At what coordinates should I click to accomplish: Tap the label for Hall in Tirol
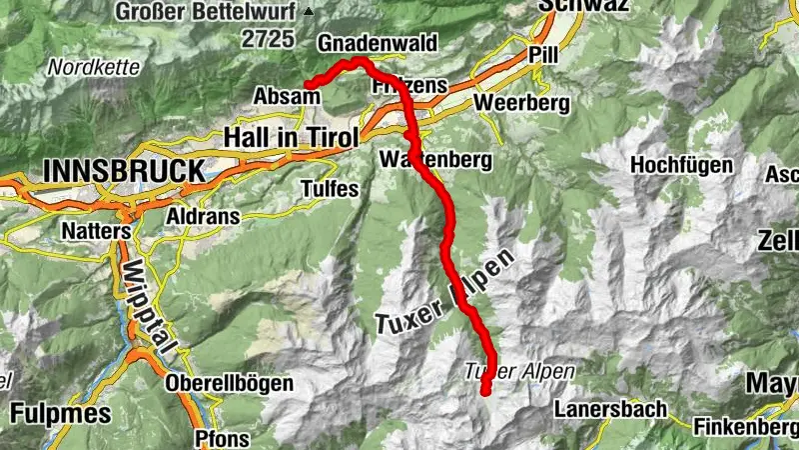(289, 136)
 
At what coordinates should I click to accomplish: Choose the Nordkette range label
(84, 68)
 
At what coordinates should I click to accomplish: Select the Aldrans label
(196, 217)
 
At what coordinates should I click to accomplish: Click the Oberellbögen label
(230, 383)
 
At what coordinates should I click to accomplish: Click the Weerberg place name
(522, 103)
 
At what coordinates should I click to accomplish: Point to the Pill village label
(543, 53)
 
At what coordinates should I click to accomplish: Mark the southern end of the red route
(485, 391)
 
